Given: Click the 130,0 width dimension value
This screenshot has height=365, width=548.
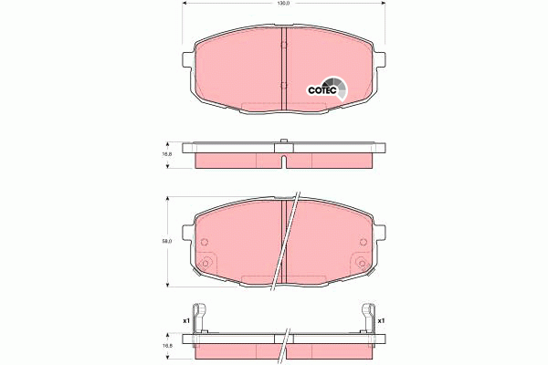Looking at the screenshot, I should point(283,5).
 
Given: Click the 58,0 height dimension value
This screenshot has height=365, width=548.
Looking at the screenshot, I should point(167,241).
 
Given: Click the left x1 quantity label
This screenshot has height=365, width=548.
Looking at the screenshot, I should point(185,320).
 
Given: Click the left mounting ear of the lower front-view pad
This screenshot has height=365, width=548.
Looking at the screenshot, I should point(189,233).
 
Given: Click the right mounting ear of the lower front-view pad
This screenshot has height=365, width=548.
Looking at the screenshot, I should point(377,233).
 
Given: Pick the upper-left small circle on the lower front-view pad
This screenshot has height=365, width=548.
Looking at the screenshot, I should point(204,243).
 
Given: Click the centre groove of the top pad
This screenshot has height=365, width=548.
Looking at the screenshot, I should point(283,68).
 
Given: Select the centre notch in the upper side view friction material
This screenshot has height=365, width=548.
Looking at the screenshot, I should point(283,163).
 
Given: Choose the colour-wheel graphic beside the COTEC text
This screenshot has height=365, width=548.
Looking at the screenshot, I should point(341,89).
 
